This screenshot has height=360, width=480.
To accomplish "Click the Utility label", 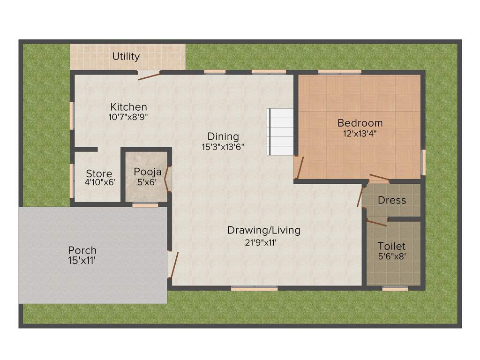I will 126,57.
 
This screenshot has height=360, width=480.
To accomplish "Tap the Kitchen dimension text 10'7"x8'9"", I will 128,117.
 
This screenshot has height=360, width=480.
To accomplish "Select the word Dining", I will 224,136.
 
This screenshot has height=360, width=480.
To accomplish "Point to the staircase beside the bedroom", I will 280,132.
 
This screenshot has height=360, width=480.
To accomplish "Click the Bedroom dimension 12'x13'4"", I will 360,133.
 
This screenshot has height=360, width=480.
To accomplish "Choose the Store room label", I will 99,174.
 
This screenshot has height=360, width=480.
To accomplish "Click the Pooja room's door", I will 168,178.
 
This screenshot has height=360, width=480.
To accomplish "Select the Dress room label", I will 392,200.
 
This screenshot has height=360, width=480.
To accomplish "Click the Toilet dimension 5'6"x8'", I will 392,256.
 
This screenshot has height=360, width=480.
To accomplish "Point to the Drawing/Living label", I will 264,230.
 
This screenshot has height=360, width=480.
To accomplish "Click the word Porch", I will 82,250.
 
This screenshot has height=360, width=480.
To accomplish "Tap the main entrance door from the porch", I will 173,265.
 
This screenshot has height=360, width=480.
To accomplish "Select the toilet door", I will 376,222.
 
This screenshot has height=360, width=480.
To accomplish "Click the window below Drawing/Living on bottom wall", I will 254,289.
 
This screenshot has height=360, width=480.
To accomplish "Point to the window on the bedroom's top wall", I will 340,72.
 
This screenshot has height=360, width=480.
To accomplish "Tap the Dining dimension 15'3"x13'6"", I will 224,146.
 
